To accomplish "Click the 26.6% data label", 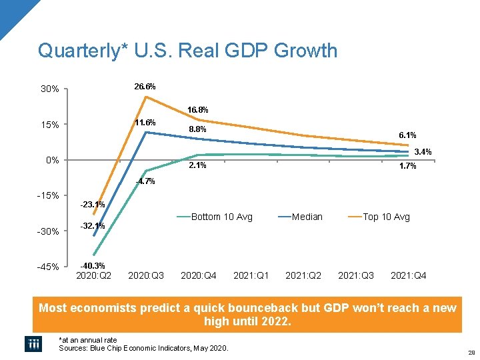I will pos(145,87).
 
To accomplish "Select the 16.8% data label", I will pos(197,109).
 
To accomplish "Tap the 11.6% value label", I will pos(145,123).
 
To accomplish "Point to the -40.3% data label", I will pos(92,266).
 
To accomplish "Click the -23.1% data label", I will pos(92,204).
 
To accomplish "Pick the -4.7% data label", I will pos(145,181).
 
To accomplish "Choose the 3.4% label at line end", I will pos(423,152).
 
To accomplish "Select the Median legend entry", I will pos(307,217).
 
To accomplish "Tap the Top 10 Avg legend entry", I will pos(386,217).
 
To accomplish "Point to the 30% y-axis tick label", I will pos(50,89).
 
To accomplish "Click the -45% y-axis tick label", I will pos(49,267).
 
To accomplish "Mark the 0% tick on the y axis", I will pos(53,161).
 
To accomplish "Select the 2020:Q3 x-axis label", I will pos(146,275).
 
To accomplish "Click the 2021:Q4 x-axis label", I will pos(409,275).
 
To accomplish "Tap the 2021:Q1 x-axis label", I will pos(251,275).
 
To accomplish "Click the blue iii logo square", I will pos(33,343).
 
